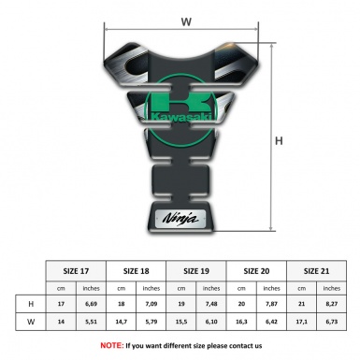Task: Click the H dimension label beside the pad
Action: click(x=279, y=141)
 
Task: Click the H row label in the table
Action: click(x=32, y=304)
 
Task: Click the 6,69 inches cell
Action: click(x=93, y=304)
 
